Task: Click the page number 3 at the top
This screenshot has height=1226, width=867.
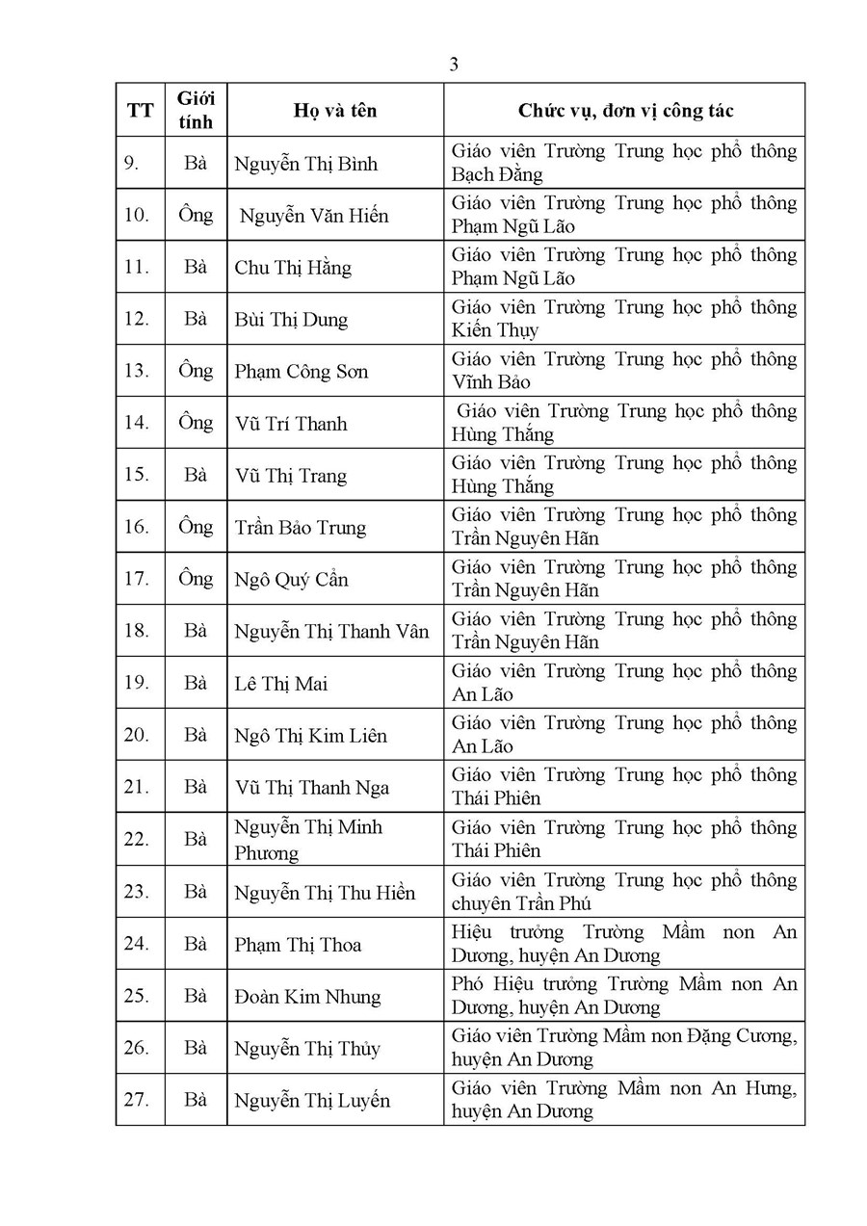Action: coord(454,65)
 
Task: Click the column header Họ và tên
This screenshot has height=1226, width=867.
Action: coord(335,111)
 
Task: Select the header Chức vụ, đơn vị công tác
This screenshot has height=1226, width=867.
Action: coord(625,111)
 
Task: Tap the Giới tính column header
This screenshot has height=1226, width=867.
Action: coord(196,110)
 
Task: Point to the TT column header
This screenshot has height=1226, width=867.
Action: coord(140,111)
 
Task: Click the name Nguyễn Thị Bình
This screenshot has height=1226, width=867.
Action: coord(305,164)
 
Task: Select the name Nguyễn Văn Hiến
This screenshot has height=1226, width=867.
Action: coord(314,216)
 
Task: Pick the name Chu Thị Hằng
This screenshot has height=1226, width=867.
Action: coord(293,268)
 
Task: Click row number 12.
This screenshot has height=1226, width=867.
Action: coord(137,320)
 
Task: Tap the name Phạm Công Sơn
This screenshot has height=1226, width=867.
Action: coord(302,372)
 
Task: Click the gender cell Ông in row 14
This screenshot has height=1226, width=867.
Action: coord(196,423)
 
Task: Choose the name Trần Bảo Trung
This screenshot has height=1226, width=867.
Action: coord(301,528)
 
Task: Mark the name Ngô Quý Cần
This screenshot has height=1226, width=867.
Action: coord(292,580)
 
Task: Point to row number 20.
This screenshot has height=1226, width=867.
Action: coord(137,736)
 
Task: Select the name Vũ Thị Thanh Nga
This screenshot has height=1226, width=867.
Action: coord(312,788)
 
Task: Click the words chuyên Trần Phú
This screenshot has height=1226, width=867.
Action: coord(521,903)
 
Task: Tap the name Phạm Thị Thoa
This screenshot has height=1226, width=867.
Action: coord(298,945)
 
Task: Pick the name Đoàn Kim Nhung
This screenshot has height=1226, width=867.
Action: coord(307,997)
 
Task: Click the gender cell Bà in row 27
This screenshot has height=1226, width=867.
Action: coord(196,1100)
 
